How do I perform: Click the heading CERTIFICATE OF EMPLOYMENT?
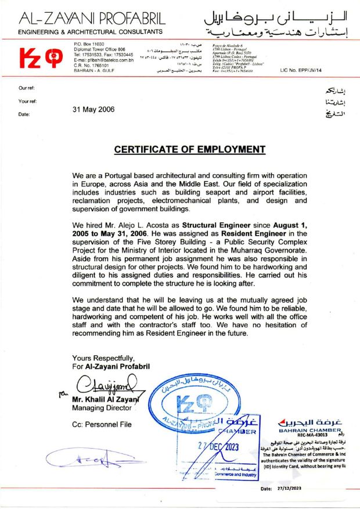point(189,149)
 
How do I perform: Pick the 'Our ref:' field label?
point(27,88)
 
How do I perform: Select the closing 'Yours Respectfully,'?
point(103,358)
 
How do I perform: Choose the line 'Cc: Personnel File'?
point(102,424)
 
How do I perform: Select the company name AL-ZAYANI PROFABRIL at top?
point(92,18)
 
